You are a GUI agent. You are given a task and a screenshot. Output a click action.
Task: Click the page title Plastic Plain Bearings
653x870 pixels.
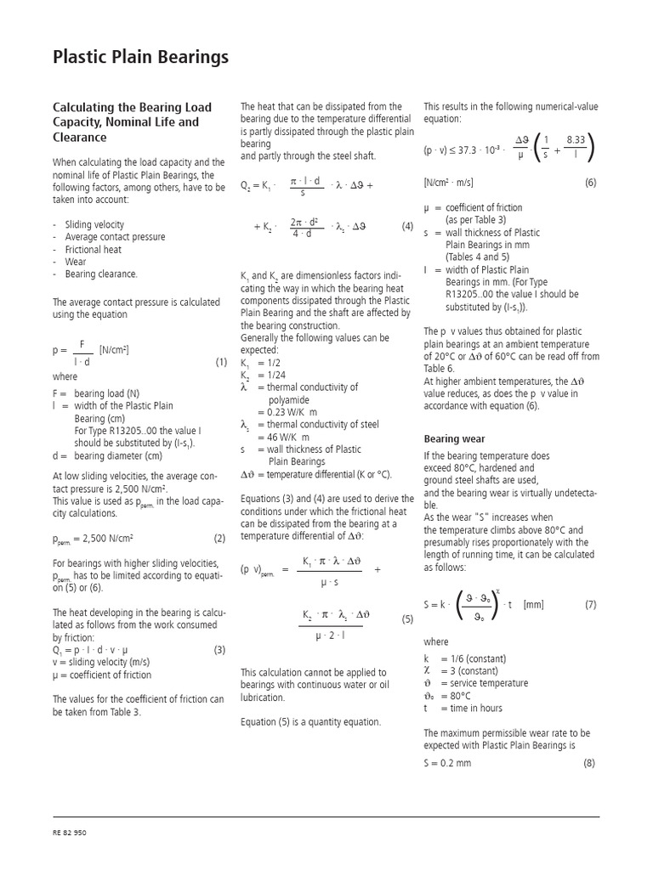(x=140, y=58)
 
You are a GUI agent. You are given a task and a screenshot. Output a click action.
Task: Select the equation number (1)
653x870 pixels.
(x=221, y=362)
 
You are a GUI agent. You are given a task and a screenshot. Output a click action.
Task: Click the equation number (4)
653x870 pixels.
(x=407, y=227)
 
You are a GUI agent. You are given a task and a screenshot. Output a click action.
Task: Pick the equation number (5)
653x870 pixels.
(x=407, y=619)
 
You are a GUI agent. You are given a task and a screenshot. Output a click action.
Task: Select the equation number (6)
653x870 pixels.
(x=590, y=183)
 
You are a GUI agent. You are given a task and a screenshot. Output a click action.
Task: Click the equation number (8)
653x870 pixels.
(x=590, y=762)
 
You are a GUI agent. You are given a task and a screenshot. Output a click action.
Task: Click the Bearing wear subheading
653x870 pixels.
(x=454, y=438)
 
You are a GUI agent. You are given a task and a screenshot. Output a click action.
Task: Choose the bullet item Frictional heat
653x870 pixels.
(x=93, y=250)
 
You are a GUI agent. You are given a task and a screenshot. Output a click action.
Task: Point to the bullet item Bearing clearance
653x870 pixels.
(x=100, y=274)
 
